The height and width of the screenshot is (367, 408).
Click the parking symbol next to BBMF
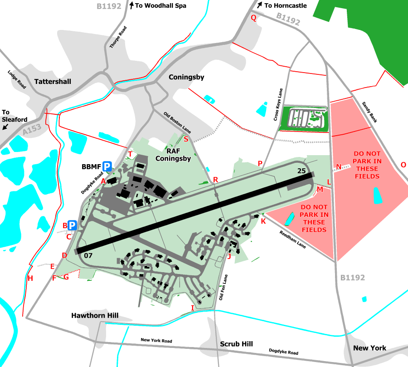(107, 166)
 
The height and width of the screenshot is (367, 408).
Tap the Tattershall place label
(53, 81)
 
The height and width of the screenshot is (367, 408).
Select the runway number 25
(302, 171)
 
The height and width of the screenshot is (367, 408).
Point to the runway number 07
(88, 255)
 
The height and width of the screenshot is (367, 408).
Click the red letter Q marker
(254, 18)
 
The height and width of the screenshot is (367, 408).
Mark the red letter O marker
(403, 165)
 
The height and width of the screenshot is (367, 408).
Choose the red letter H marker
(30, 279)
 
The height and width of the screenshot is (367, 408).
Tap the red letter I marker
(192, 308)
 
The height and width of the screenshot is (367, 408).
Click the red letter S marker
(186, 139)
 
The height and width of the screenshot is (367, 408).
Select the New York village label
(369, 348)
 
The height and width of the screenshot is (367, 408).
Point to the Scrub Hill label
(236, 344)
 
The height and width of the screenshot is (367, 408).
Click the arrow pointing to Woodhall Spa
(131, 5)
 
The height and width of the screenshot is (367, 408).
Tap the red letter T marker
(130, 154)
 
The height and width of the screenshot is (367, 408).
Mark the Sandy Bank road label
(369, 112)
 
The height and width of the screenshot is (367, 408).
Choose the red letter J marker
(229, 256)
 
